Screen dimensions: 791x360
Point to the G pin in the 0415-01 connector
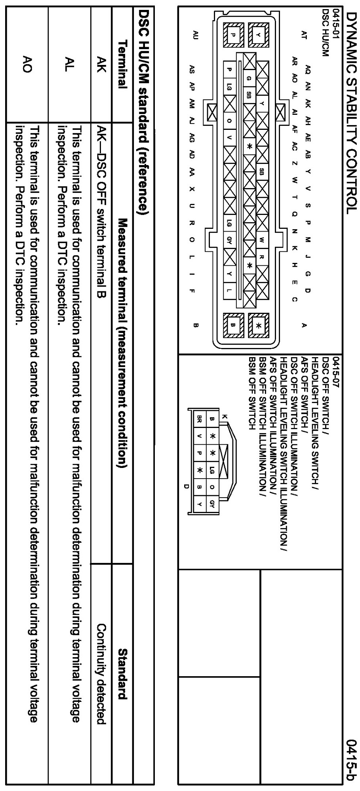point(249,78)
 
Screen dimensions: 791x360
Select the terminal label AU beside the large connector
point(194,35)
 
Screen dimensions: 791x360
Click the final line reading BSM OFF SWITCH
point(251,392)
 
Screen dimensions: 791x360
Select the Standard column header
point(122,673)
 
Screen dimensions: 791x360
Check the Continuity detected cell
point(102,673)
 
